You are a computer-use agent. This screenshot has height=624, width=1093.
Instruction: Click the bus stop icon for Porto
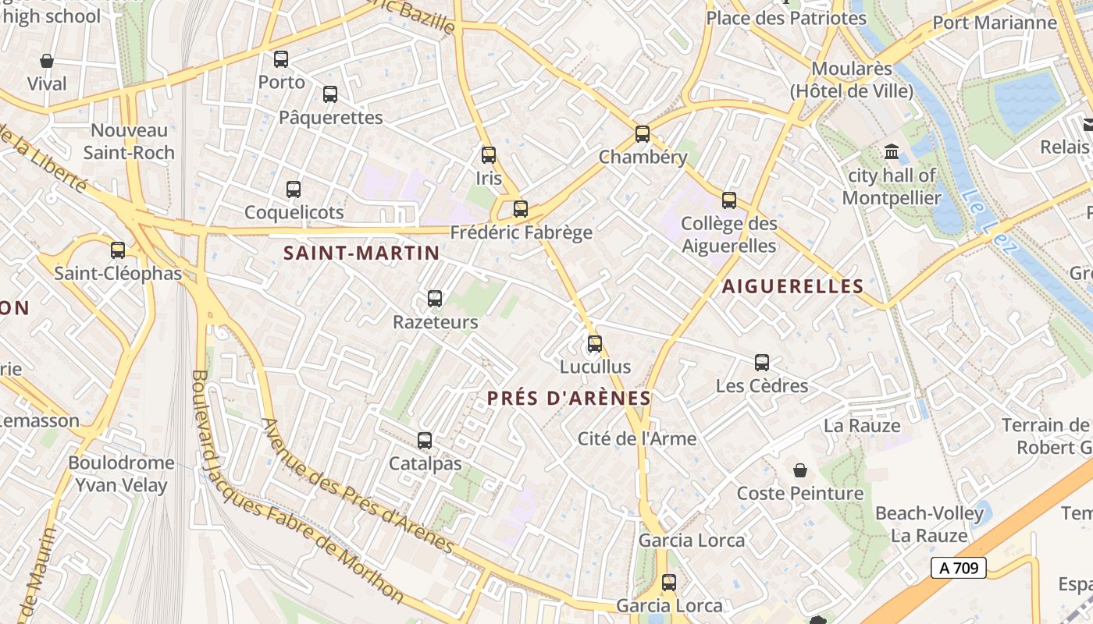(x=281, y=58)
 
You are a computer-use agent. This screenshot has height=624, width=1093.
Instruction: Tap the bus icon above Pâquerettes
(x=330, y=94)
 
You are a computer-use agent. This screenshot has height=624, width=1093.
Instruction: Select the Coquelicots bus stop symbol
(x=294, y=189)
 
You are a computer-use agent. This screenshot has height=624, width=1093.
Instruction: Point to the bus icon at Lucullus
(x=595, y=343)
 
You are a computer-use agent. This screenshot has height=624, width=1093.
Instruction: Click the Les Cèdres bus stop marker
(x=762, y=362)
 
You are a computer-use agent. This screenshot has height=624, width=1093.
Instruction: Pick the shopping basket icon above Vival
(x=47, y=61)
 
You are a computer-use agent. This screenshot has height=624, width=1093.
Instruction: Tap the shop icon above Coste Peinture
(x=800, y=470)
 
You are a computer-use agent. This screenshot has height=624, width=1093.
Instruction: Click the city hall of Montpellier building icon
(x=892, y=151)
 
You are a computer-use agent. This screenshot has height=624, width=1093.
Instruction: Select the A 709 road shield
(x=959, y=568)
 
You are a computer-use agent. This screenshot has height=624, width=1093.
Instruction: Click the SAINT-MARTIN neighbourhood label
(x=361, y=253)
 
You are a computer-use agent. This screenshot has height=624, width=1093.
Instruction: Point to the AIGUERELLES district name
(x=792, y=286)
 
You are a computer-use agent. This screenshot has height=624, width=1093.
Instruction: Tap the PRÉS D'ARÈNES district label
(x=568, y=398)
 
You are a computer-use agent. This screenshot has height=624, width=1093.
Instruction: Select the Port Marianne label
(x=995, y=22)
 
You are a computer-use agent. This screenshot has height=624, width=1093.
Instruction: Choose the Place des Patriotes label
(x=785, y=17)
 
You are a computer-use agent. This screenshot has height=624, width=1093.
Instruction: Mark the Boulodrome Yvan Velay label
(x=121, y=473)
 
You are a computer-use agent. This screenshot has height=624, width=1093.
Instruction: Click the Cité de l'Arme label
(x=637, y=438)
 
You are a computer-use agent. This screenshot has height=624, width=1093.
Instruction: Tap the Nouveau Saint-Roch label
(x=129, y=141)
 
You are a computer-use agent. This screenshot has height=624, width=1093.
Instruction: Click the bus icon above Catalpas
(x=425, y=441)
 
